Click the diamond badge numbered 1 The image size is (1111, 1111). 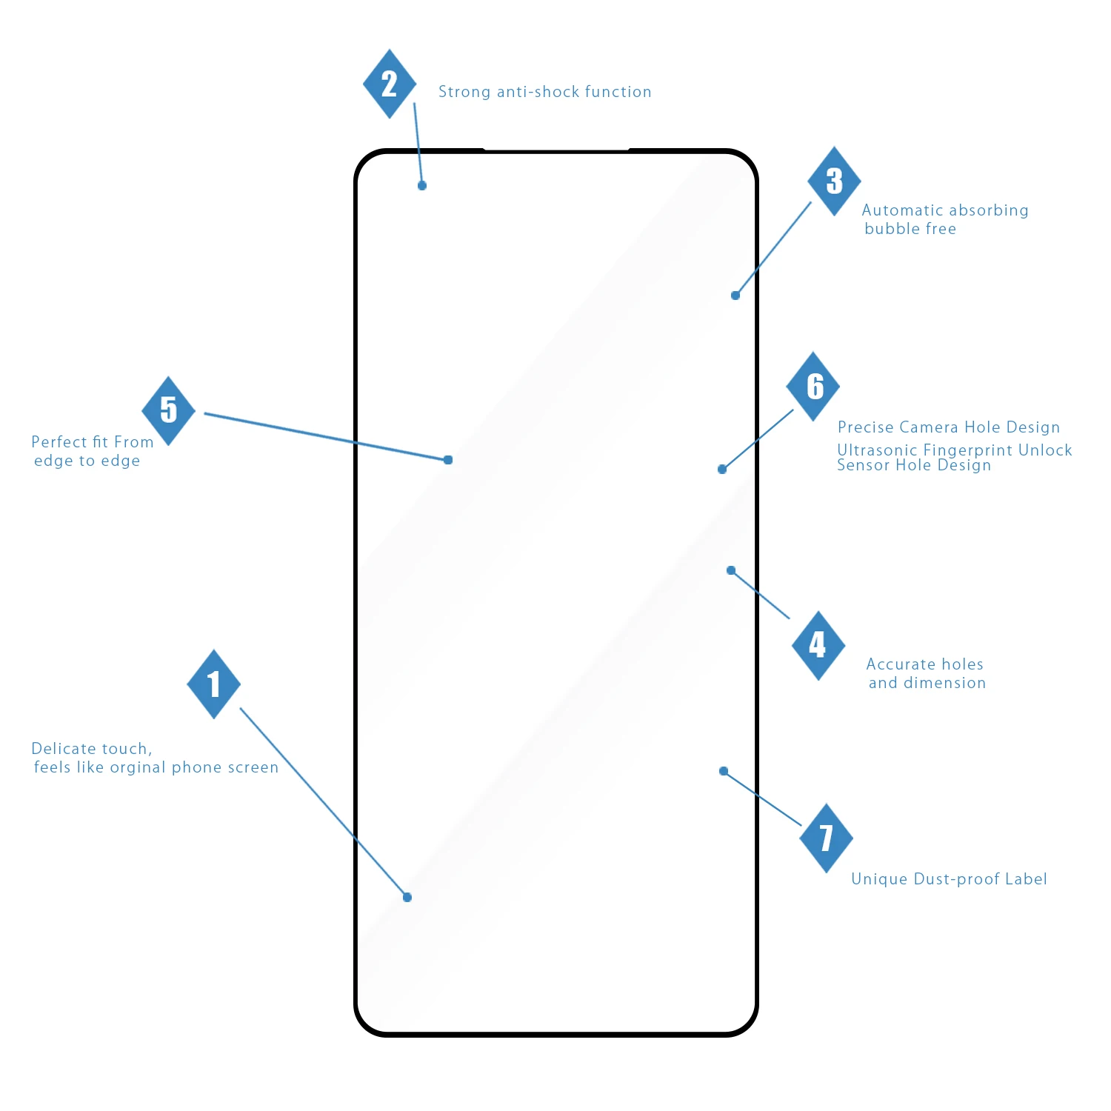(x=214, y=684)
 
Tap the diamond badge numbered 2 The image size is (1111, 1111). (x=390, y=84)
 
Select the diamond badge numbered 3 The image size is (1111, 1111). (x=834, y=181)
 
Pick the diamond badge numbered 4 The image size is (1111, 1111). (x=818, y=645)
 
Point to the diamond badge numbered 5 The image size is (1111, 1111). (x=169, y=410)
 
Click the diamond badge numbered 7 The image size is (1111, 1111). (x=827, y=838)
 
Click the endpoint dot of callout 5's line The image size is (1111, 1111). (x=448, y=460)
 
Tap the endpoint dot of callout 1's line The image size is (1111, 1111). (x=407, y=898)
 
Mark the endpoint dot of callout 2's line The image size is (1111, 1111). (x=422, y=186)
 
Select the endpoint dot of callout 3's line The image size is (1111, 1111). (x=735, y=296)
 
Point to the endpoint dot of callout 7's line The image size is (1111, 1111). (x=724, y=771)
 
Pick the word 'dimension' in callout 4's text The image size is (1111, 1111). (x=944, y=683)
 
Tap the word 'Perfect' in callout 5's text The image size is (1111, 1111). (x=59, y=442)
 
